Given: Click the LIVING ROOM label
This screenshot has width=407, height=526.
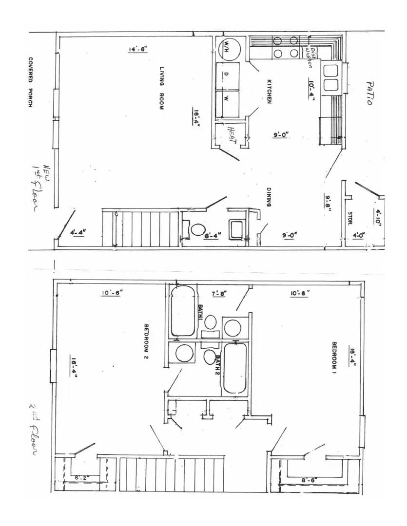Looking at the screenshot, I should (x=161, y=88).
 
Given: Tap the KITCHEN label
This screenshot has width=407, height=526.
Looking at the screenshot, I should (x=269, y=91).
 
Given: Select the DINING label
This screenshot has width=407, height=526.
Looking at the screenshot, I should (x=269, y=198).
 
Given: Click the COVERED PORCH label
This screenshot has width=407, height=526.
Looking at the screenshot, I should (x=30, y=82).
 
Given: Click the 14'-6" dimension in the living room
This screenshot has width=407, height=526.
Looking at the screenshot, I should (x=138, y=49).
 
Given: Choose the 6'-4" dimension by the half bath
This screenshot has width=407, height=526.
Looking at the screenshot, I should (x=213, y=235).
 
